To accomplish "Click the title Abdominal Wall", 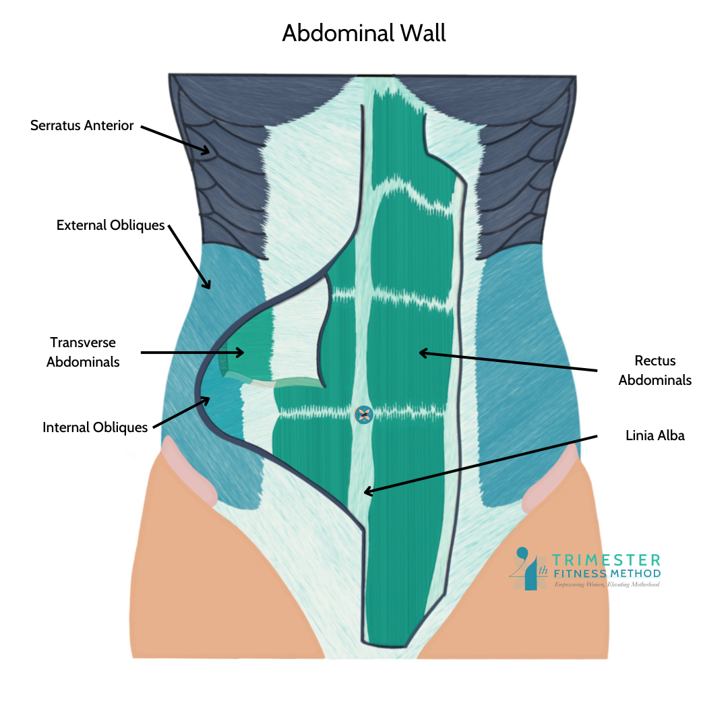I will click(x=364, y=32).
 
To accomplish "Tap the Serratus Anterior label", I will click(x=82, y=125).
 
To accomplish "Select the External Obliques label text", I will click(x=111, y=225).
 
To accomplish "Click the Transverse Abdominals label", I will click(x=83, y=352).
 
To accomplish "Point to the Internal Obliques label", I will click(x=95, y=427).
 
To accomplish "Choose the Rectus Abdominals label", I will click(x=655, y=370).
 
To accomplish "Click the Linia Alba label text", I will click(x=655, y=435).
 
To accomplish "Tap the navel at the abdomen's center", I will click(x=364, y=414).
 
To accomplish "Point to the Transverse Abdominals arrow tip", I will click(x=242, y=352).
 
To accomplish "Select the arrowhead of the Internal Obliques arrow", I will click(x=209, y=398).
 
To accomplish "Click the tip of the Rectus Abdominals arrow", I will click(x=421, y=352).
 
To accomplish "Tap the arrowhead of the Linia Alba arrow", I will click(x=365, y=493).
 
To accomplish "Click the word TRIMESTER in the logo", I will click(x=606, y=559).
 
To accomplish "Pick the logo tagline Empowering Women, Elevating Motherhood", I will click(x=606, y=584).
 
